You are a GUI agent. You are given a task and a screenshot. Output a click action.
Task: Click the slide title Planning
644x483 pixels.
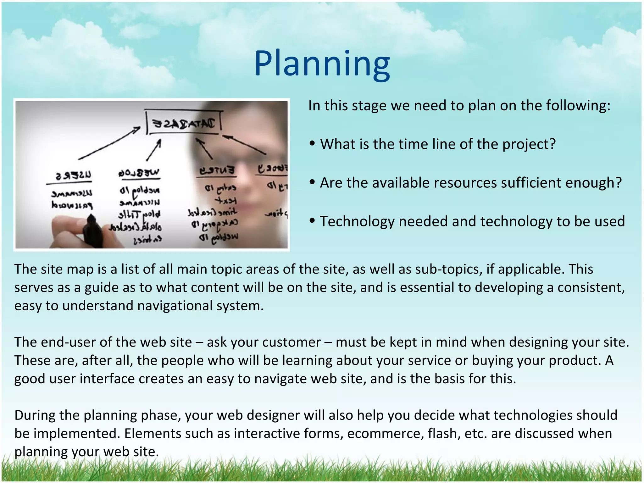click(322, 64)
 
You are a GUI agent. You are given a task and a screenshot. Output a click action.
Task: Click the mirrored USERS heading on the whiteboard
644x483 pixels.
click(74, 175)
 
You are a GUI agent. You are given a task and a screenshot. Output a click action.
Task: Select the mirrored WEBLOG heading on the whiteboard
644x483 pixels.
click(139, 173)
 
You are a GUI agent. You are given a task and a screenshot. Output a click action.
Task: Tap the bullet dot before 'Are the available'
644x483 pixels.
click(312, 182)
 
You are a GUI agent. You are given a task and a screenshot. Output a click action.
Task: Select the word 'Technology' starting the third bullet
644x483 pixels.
click(357, 222)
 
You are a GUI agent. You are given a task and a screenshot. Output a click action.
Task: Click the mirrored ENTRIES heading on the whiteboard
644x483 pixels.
click(217, 170)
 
